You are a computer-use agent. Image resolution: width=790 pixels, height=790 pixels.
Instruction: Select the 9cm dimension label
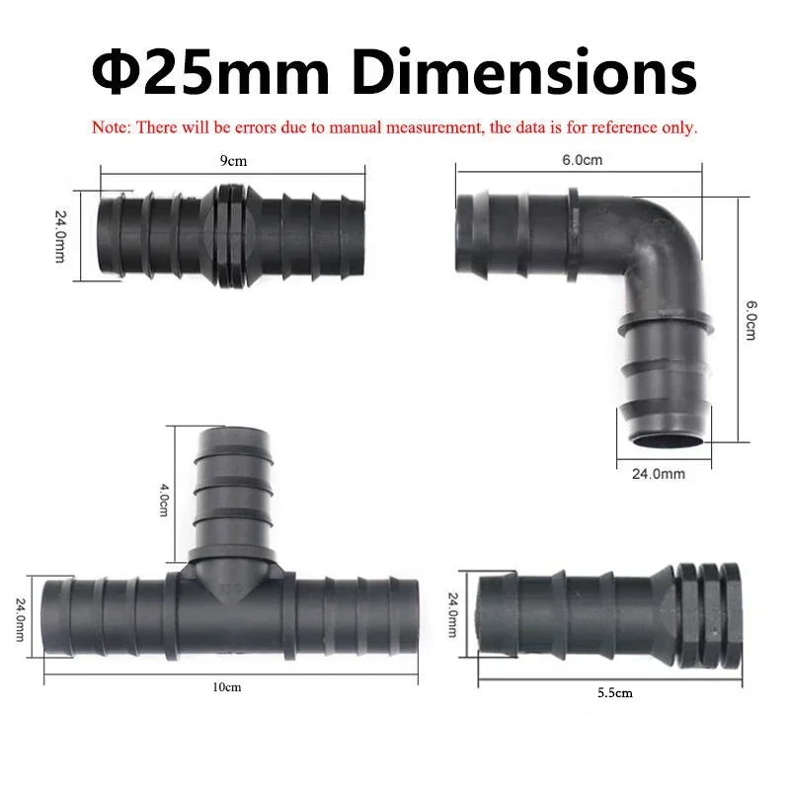pos(233,160)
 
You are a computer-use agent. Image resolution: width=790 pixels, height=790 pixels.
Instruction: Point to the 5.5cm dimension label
pos(614,693)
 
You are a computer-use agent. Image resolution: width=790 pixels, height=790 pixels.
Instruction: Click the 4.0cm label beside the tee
pos(163,499)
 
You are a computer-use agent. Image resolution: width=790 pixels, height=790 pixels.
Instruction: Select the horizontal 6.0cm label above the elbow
pos(583,160)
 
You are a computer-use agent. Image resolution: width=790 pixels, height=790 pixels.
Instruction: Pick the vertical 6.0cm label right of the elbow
pos(750,321)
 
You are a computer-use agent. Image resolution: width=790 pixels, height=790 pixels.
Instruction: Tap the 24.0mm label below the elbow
pos(659,474)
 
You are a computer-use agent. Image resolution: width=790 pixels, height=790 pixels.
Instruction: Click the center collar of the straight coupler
pos(233,235)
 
